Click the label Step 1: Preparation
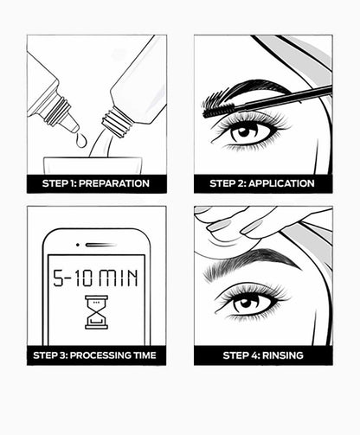tap(96, 183)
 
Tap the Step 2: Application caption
tap(263, 183)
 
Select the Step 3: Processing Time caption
tap(96, 355)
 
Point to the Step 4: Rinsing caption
tap(263, 355)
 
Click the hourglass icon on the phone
tap(97, 311)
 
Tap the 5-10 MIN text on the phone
tap(97, 278)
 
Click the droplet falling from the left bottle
tap(80, 140)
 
